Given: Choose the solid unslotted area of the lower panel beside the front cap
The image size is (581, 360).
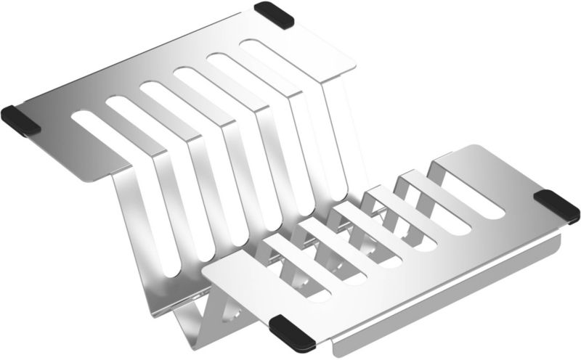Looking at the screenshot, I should pyautogui.click(x=341, y=298).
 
